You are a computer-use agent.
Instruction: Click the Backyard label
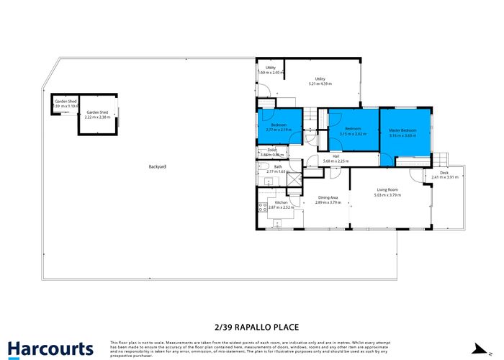coord(157,166)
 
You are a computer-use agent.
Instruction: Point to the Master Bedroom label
coord(403,130)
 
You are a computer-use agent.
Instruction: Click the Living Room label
coord(387,190)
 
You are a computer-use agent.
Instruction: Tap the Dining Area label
coord(327,199)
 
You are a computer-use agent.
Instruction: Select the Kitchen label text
coord(282,203)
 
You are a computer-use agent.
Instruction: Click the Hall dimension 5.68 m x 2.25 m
coord(336,161)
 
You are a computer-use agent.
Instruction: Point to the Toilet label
coord(271,150)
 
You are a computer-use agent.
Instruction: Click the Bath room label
coord(277,167)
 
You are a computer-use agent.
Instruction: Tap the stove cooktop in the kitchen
coord(263,207)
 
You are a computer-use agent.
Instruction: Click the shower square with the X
coord(294,192)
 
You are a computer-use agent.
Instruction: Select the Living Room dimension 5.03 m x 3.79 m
coord(387,195)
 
